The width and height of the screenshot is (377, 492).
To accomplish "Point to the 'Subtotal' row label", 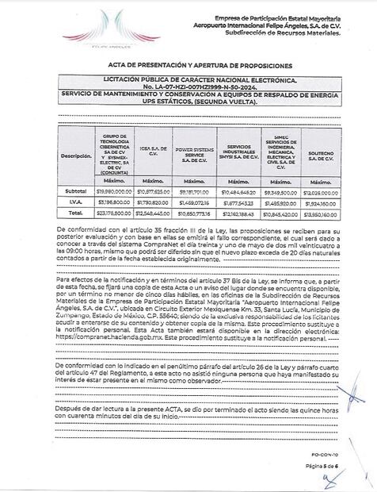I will point(76,191).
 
